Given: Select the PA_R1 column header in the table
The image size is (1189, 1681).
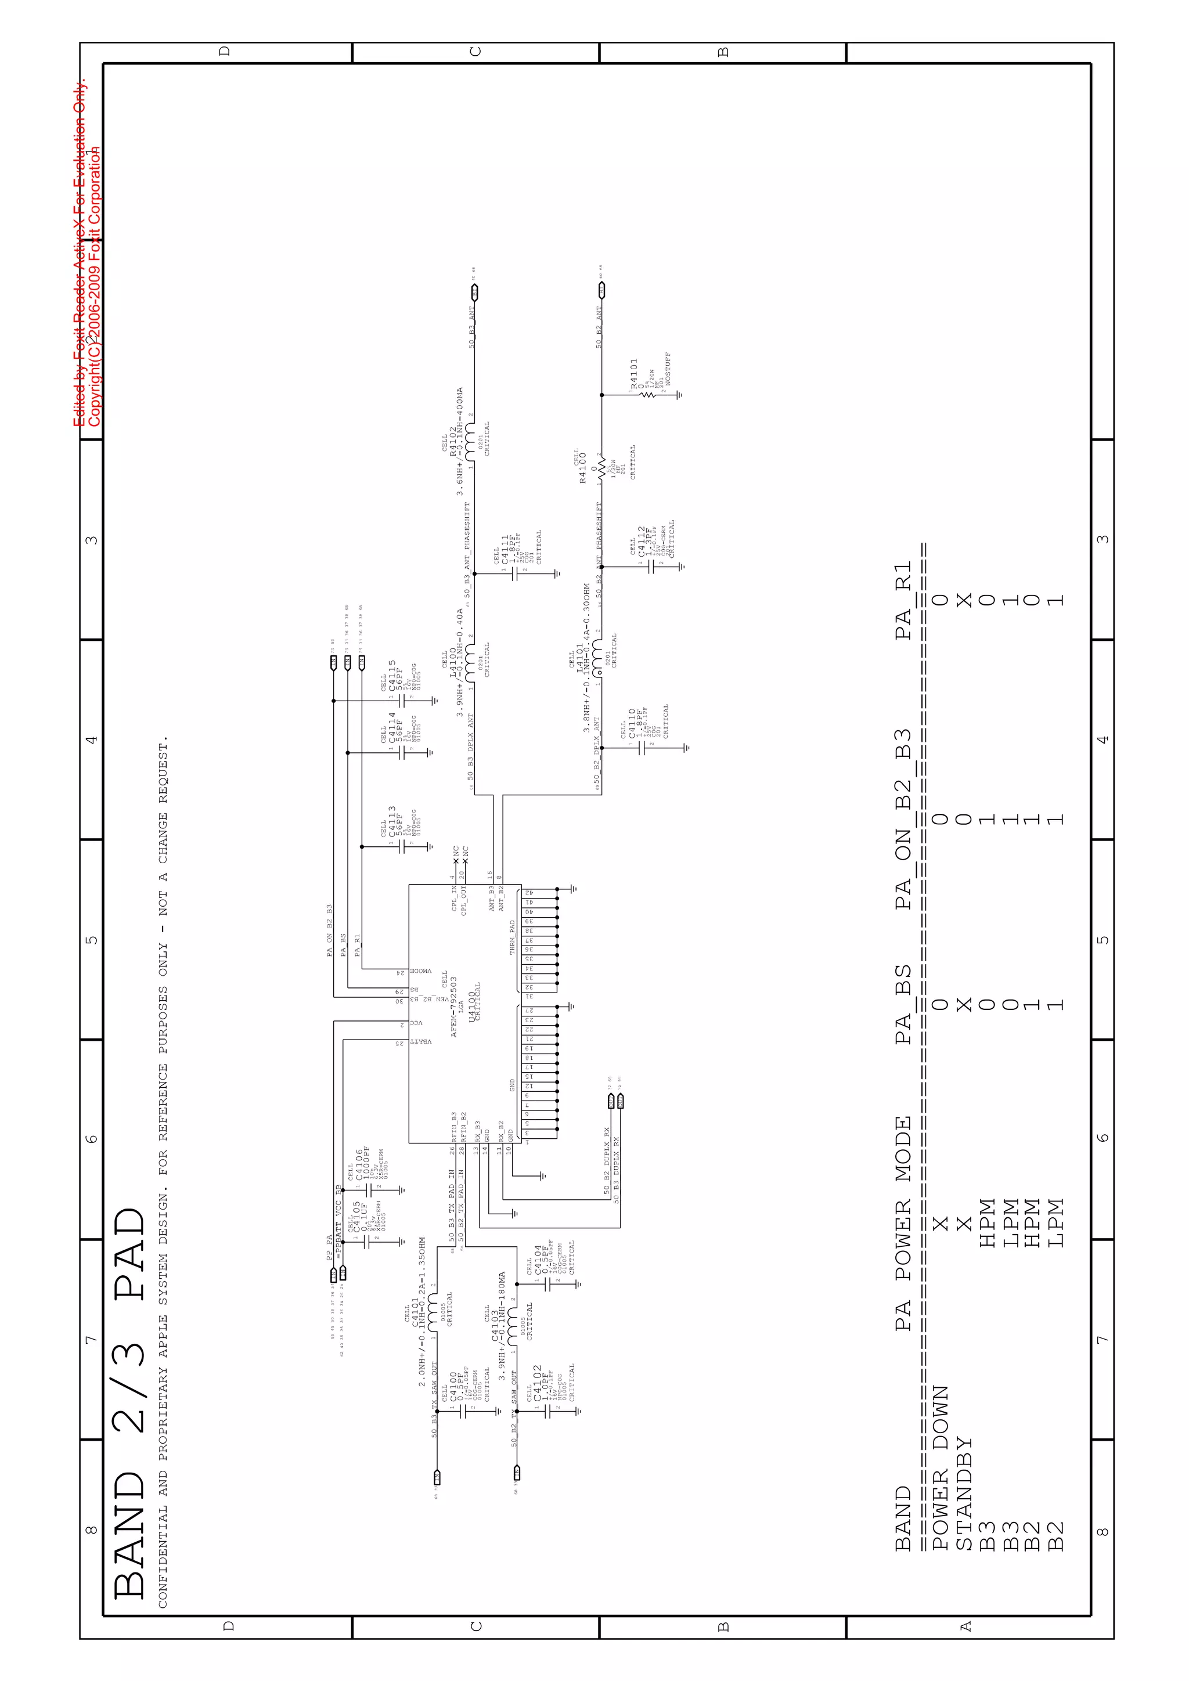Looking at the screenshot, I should [x=903, y=600].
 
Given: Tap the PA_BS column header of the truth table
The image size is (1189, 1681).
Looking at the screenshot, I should [x=903, y=1005].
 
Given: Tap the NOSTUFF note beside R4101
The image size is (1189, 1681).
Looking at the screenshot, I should [x=668, y=369].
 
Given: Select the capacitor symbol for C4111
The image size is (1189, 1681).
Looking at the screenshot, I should [x=516, y=574].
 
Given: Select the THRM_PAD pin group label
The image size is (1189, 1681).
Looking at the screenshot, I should [x=513, y=937].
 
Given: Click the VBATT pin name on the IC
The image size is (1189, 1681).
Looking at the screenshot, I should [x=420, y=1041].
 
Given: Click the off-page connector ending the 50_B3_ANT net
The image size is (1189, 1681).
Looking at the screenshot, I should [x=474, y=293].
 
